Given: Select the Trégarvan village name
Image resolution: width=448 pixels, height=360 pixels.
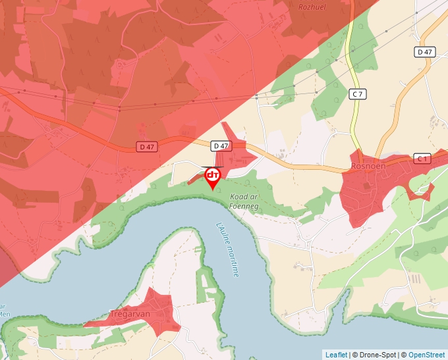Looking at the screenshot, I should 130,314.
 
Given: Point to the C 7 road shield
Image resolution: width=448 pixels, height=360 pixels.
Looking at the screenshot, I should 357,94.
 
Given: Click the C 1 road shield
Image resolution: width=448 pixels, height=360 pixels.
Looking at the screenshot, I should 422,159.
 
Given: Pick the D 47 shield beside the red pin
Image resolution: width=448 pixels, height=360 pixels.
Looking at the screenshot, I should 221,145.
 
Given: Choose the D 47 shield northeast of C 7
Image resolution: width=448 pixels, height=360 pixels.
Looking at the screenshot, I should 425,52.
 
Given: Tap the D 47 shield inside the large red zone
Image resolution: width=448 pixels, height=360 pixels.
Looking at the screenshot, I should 147,145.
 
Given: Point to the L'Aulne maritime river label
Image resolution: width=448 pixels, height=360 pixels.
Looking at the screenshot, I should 227,249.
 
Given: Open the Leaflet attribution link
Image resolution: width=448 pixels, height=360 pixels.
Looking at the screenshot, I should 336,355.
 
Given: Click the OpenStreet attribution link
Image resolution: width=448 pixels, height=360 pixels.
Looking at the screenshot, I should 426,355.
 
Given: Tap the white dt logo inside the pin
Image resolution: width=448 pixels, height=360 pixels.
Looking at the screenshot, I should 213,175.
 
